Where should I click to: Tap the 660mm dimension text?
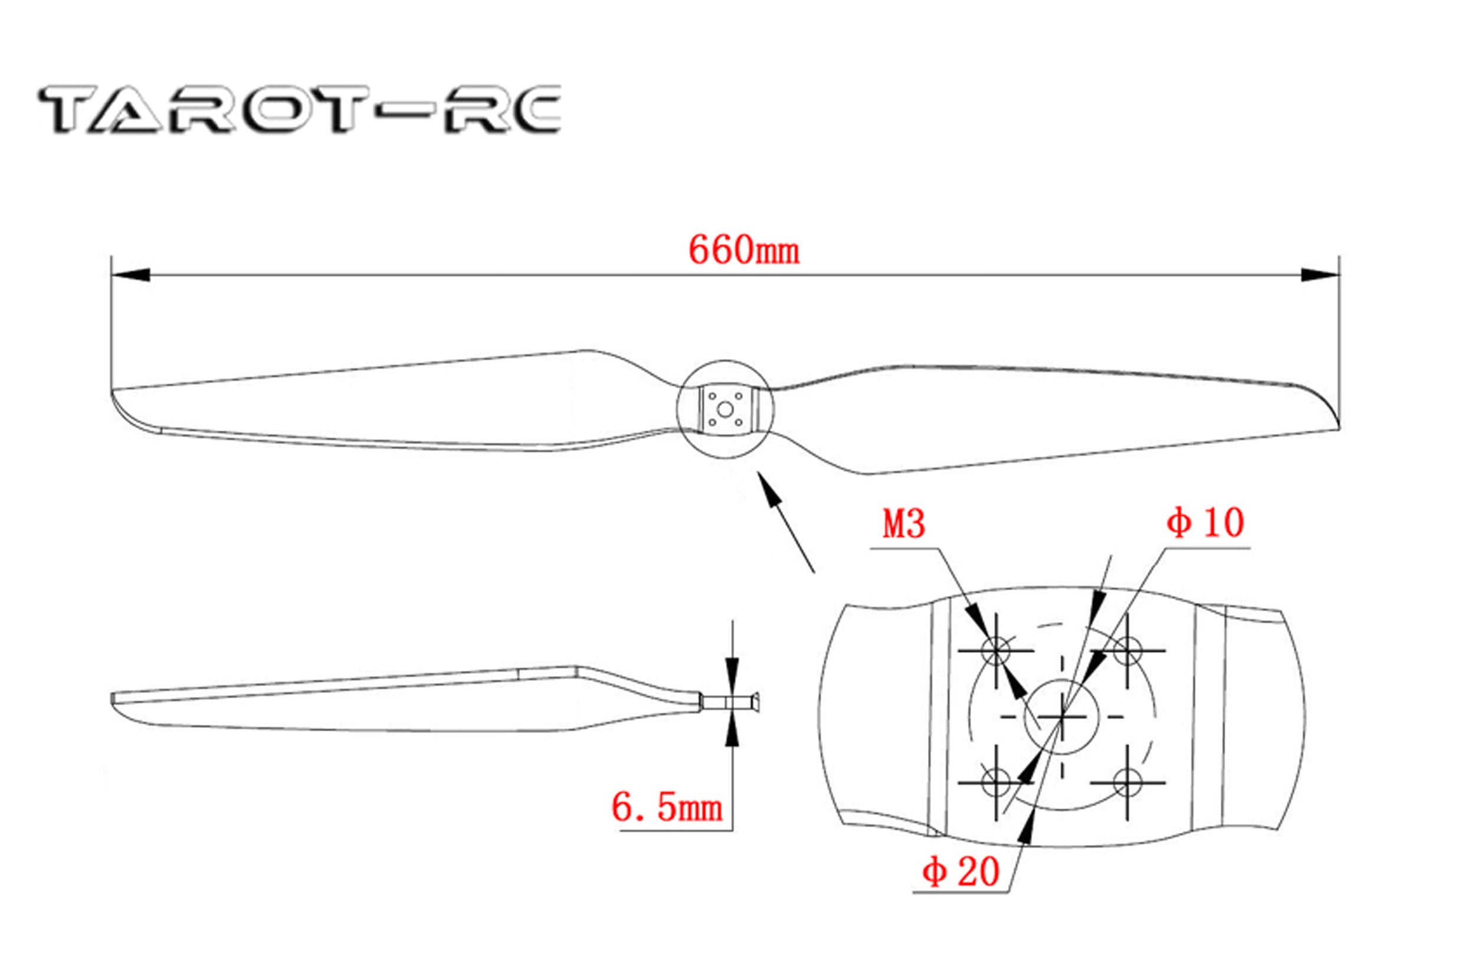(x=744, y=251)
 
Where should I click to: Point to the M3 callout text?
(x=904, y=525)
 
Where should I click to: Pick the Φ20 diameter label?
(x=961, y=872)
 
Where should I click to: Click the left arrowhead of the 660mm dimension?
(x=130, y=274)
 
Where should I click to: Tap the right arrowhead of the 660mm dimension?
(x=1320, y=274)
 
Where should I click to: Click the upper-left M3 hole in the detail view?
(x=996, y=651)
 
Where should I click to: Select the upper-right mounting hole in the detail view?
(x=1127, y=651)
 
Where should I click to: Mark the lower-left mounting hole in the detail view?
(x=996, y=782)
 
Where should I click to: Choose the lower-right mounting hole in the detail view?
(x=1127, y=782)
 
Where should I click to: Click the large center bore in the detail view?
(x=1062, y=717)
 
